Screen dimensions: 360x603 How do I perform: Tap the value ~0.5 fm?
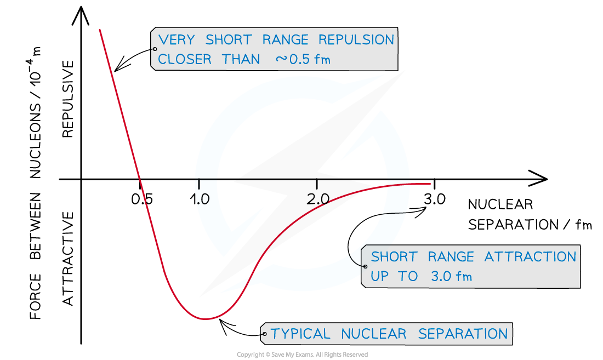[x=303, y=59]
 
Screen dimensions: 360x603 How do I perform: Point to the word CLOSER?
[x=185, y=59]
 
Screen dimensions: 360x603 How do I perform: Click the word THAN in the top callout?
[x=241, y=59]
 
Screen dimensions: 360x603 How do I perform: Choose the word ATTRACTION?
[x=530, y=256]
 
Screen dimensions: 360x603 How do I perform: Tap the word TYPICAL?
[x=300, y=334]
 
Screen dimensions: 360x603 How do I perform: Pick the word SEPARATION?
[x=463, y=334]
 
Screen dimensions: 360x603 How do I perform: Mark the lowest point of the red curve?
[x=206, y=319]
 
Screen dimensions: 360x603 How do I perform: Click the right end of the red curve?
[x=430, y=184]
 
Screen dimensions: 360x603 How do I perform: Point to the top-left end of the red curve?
[x=100, y=30]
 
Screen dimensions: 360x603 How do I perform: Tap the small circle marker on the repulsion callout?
[x=155, y=49]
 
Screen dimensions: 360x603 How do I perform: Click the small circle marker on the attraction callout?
[x=365, y=266]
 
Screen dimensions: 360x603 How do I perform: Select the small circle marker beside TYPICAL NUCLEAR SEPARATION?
[x=265, y=334]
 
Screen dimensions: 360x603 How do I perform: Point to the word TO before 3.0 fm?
[x=408, y=276]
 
